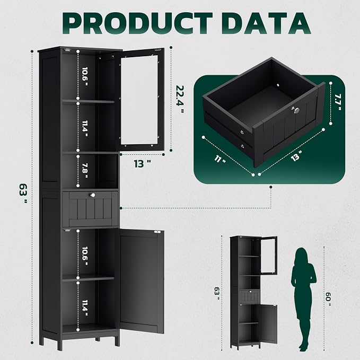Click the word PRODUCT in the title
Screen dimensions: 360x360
137,23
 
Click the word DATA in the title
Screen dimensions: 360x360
266,23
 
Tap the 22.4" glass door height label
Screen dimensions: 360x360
180,99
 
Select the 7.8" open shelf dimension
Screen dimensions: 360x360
85,170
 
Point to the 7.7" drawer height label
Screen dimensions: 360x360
338,102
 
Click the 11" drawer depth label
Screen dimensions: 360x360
219,159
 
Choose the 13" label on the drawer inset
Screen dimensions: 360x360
296,156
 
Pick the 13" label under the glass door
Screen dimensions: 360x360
142,164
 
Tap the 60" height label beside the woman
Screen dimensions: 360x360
328,299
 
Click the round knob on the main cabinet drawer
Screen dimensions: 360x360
92,195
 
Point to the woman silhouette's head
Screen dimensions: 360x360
301,255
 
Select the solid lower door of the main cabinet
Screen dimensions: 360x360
142,282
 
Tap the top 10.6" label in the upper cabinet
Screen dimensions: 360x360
85,76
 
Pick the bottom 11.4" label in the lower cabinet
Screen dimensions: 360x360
85,308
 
